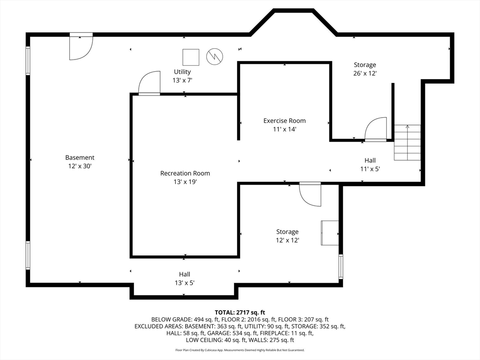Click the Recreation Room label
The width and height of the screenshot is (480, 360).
185,173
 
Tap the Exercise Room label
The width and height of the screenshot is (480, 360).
284,121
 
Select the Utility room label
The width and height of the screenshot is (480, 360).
182,72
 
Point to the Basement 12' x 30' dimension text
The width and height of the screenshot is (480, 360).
80,166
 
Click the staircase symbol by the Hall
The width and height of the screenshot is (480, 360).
407,142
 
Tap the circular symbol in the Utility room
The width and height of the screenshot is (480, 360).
215,57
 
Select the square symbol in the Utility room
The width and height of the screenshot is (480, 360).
190,57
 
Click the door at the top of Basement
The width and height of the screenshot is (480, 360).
81,47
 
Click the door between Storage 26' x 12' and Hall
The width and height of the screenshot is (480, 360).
376,129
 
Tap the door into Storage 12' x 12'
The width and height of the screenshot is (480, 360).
310,194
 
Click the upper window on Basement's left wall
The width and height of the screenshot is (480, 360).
28,60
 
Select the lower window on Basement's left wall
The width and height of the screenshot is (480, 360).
28,255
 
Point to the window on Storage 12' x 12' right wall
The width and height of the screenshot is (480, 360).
341,267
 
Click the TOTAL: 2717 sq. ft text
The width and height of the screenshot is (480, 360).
240,312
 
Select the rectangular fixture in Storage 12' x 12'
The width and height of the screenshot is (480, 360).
330,232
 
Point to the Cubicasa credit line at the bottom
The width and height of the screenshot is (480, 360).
240,350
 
